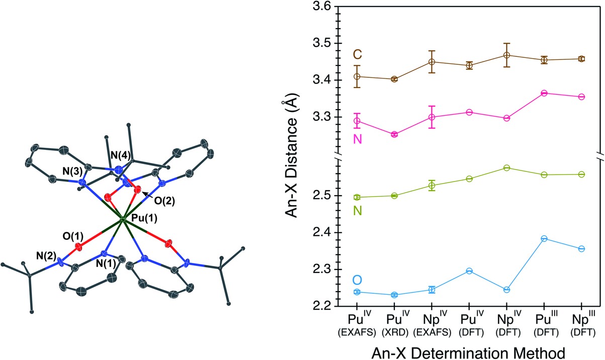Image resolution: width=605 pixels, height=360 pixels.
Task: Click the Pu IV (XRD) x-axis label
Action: click(394, 325)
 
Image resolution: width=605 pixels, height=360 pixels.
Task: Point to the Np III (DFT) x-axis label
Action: click(581, 325)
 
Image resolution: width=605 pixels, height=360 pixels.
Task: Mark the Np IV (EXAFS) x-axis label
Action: click(431, 325)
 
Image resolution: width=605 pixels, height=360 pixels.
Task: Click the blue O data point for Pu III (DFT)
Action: click(544, 238)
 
